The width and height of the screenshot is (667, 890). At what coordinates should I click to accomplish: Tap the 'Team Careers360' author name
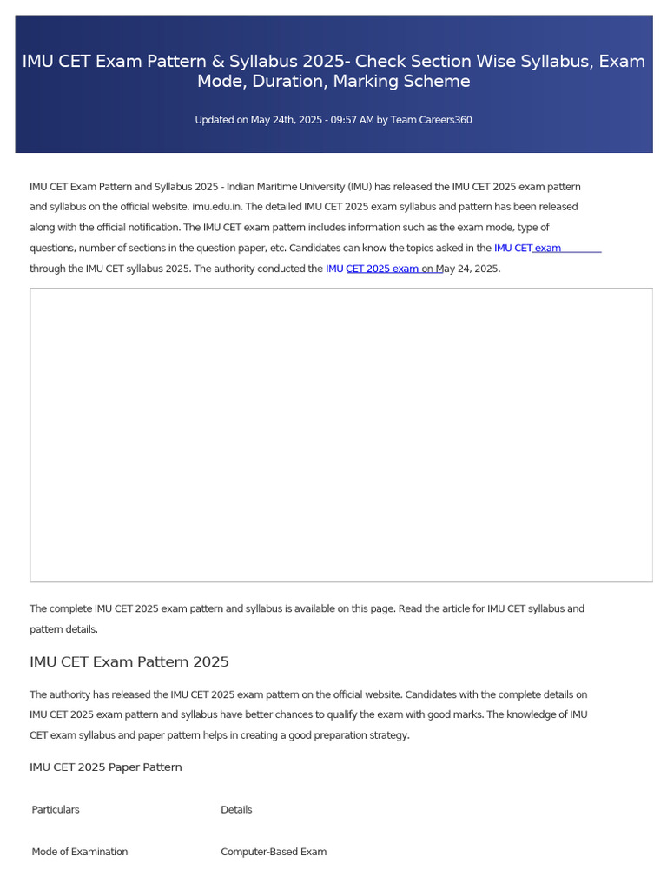click(432, 120)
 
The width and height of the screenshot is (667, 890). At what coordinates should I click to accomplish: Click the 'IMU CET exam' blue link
click(527, 248)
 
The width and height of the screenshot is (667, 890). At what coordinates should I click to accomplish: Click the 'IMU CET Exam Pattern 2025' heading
click(129, 662)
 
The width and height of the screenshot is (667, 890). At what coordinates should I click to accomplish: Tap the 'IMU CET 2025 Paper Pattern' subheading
click(106, 767)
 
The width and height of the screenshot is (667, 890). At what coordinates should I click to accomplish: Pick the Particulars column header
click(56, 810)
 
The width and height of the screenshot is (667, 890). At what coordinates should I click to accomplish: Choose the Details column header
click(236, 810)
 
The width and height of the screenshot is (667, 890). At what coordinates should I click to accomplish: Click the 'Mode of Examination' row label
click(80, 852)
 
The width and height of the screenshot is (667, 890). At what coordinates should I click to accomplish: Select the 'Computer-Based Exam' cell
click(274, 852)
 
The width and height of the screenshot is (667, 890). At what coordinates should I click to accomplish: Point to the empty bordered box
click(341, 435)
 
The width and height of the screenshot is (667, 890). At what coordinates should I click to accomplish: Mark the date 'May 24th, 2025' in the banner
click(284, 120)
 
